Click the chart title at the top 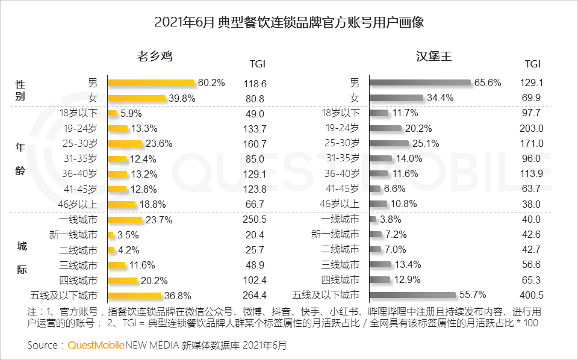[x=290, y=23]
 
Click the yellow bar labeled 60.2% [x=151, y=83]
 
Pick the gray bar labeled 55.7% [x=412, y=295]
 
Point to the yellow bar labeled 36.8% [x=135, y=295]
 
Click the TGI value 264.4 [x=255, y=295]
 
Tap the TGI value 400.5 [x=532, y=295]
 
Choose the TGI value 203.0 [x=532, y=128]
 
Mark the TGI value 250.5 [x=255, y=220]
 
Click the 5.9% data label [x=131, y=113]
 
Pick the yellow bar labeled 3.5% [x=110, y=235]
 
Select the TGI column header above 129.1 [x=532, y=64]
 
